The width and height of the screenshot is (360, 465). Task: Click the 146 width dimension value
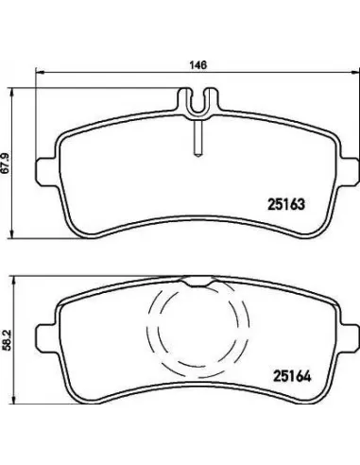(198, 65)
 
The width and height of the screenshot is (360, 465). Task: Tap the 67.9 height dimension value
(5, 164)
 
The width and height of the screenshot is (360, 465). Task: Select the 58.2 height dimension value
(7, 340)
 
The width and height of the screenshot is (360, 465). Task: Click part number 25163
(286, 204)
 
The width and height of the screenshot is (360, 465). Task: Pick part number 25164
(292, 376)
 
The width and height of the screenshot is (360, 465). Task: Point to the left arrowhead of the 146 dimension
(39, 72)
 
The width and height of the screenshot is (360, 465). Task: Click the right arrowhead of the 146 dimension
(354, 72)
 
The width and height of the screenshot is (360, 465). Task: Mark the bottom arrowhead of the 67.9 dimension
(12, 233)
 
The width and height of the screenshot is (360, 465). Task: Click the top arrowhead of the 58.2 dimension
(13, 282)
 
